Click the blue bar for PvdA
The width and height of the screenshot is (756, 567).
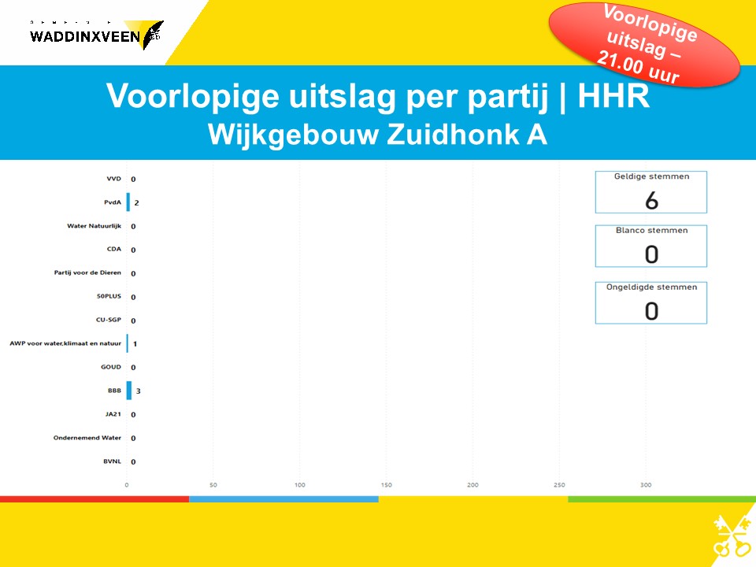128,202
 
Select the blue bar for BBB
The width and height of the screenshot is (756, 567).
128,391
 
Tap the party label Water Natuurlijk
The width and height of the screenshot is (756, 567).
94,226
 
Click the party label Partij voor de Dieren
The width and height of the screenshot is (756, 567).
87,272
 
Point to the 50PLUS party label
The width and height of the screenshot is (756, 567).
109,296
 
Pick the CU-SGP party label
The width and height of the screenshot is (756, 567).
109,320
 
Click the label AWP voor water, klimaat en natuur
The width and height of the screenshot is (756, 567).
65,343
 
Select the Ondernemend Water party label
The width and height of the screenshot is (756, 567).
87,438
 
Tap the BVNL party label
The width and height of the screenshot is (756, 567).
113,461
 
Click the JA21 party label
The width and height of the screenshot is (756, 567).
113,414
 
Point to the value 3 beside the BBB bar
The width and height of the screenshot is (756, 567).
139,391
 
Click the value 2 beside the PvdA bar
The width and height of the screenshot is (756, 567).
137,203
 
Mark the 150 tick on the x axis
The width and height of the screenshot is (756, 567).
386,485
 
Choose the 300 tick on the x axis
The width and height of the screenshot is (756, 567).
646,485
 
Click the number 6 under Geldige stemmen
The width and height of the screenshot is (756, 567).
651,200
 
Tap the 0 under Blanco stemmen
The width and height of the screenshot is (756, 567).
651,254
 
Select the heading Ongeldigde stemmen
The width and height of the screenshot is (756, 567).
651,287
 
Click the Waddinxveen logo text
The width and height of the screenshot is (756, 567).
85,37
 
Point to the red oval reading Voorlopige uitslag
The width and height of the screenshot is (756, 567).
644,45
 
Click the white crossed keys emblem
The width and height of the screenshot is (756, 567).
732,535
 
